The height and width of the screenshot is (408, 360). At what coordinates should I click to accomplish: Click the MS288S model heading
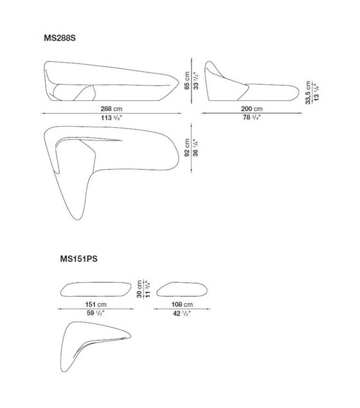click(x=60, y=39)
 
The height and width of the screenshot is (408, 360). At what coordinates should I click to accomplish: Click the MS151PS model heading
click(x=78, y=260)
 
